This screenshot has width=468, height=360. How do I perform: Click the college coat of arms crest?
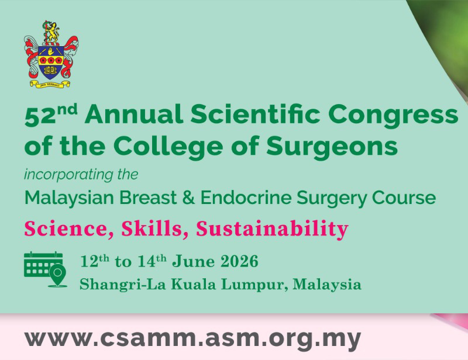pos(51,54)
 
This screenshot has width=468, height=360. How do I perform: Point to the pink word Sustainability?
pos(272,229)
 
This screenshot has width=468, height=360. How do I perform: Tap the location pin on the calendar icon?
pos(57,275)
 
